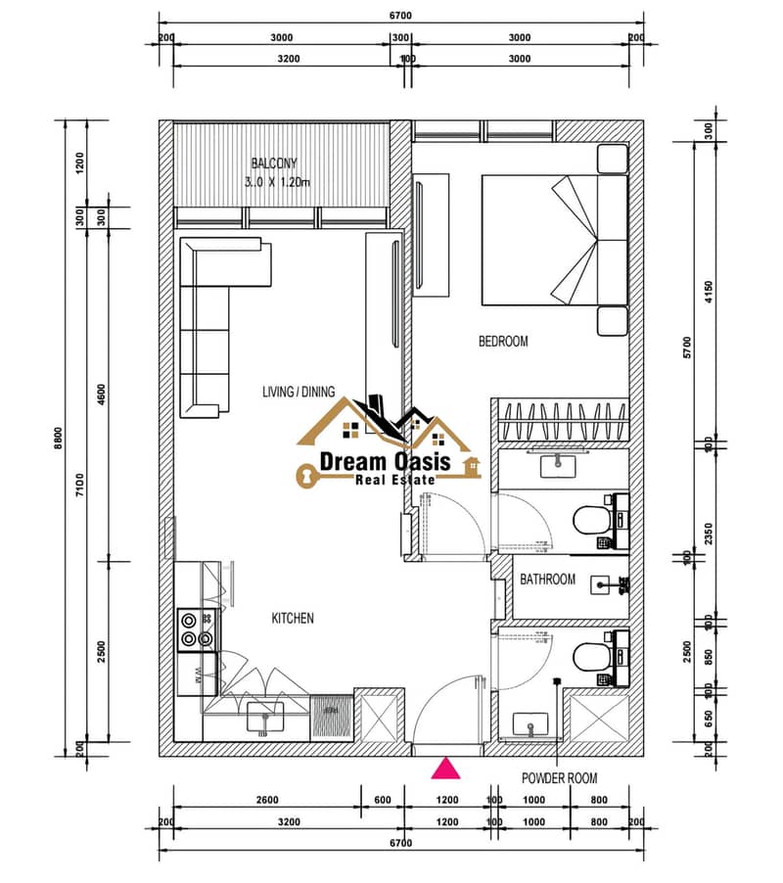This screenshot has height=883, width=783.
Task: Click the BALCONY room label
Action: click(274, 163)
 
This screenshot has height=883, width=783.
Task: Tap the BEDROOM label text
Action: click(503, 342)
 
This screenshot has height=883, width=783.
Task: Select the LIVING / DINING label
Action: click(299, 392)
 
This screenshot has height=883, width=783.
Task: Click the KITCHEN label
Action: click(293, 619)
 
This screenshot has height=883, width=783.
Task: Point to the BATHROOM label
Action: click(548, 579)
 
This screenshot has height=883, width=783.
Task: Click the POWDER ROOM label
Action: click(560, 778)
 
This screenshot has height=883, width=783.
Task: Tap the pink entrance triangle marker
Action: click(445, 768)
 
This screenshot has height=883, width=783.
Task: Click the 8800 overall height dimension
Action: click(59, 439)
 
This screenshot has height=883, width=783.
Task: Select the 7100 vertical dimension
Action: click(80, 485)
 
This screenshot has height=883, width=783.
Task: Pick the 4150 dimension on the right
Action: click(709, 292)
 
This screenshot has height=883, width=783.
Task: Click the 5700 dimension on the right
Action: click(687, 348)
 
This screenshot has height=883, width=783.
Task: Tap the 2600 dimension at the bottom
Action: click(267, 800)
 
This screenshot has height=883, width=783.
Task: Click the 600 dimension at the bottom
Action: click(383, 800)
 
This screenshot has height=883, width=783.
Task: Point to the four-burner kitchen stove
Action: click(197, 629)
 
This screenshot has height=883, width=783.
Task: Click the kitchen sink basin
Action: click(265, 718)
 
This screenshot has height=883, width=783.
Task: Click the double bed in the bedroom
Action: click(554, 240)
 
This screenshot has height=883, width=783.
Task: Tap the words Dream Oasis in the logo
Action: click(385, 462)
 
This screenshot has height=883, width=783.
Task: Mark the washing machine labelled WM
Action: click(197, 674)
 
